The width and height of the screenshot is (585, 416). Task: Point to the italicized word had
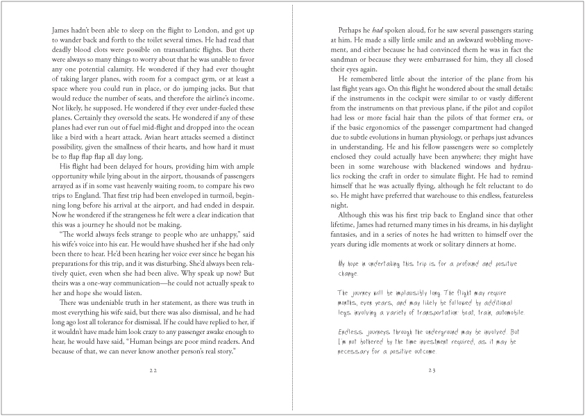pyautogui.click(x=379, y=31)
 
